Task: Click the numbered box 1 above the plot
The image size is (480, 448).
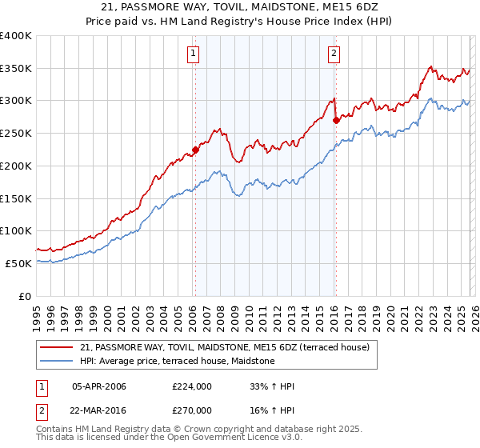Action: coord(194,54)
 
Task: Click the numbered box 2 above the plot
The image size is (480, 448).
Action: coord(334,54)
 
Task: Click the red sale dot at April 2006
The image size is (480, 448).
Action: coord(194,150)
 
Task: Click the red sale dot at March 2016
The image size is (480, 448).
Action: coord(335,120)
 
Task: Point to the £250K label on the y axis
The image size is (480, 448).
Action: coord(16,133)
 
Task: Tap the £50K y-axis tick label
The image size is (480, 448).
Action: coord(18,263)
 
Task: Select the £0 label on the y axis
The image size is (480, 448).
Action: coord(25,296)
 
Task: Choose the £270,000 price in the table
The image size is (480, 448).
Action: coord(192,410)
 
